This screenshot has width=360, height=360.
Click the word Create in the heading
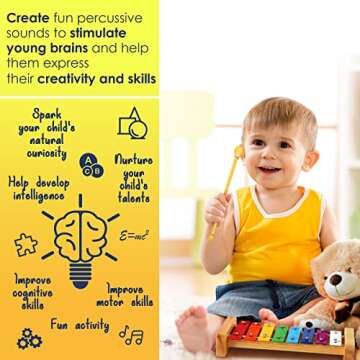(x=28, y=12)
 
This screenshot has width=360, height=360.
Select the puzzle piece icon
(x=26, y=244)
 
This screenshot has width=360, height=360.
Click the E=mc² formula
(x=134, y=236)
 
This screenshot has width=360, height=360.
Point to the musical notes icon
(x=131, y=336)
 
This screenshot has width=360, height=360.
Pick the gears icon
(x=29, y=339)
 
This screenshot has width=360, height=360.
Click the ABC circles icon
(x=91, y=164)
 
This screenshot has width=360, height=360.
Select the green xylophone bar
(x=280, y=333)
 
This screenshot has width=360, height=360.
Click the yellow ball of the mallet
(x=240, y=153)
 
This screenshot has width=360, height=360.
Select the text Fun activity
(x=80, y=325)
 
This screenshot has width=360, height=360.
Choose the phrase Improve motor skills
(x=125, y=294)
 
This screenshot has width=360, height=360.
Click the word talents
(x=134, y=199)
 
